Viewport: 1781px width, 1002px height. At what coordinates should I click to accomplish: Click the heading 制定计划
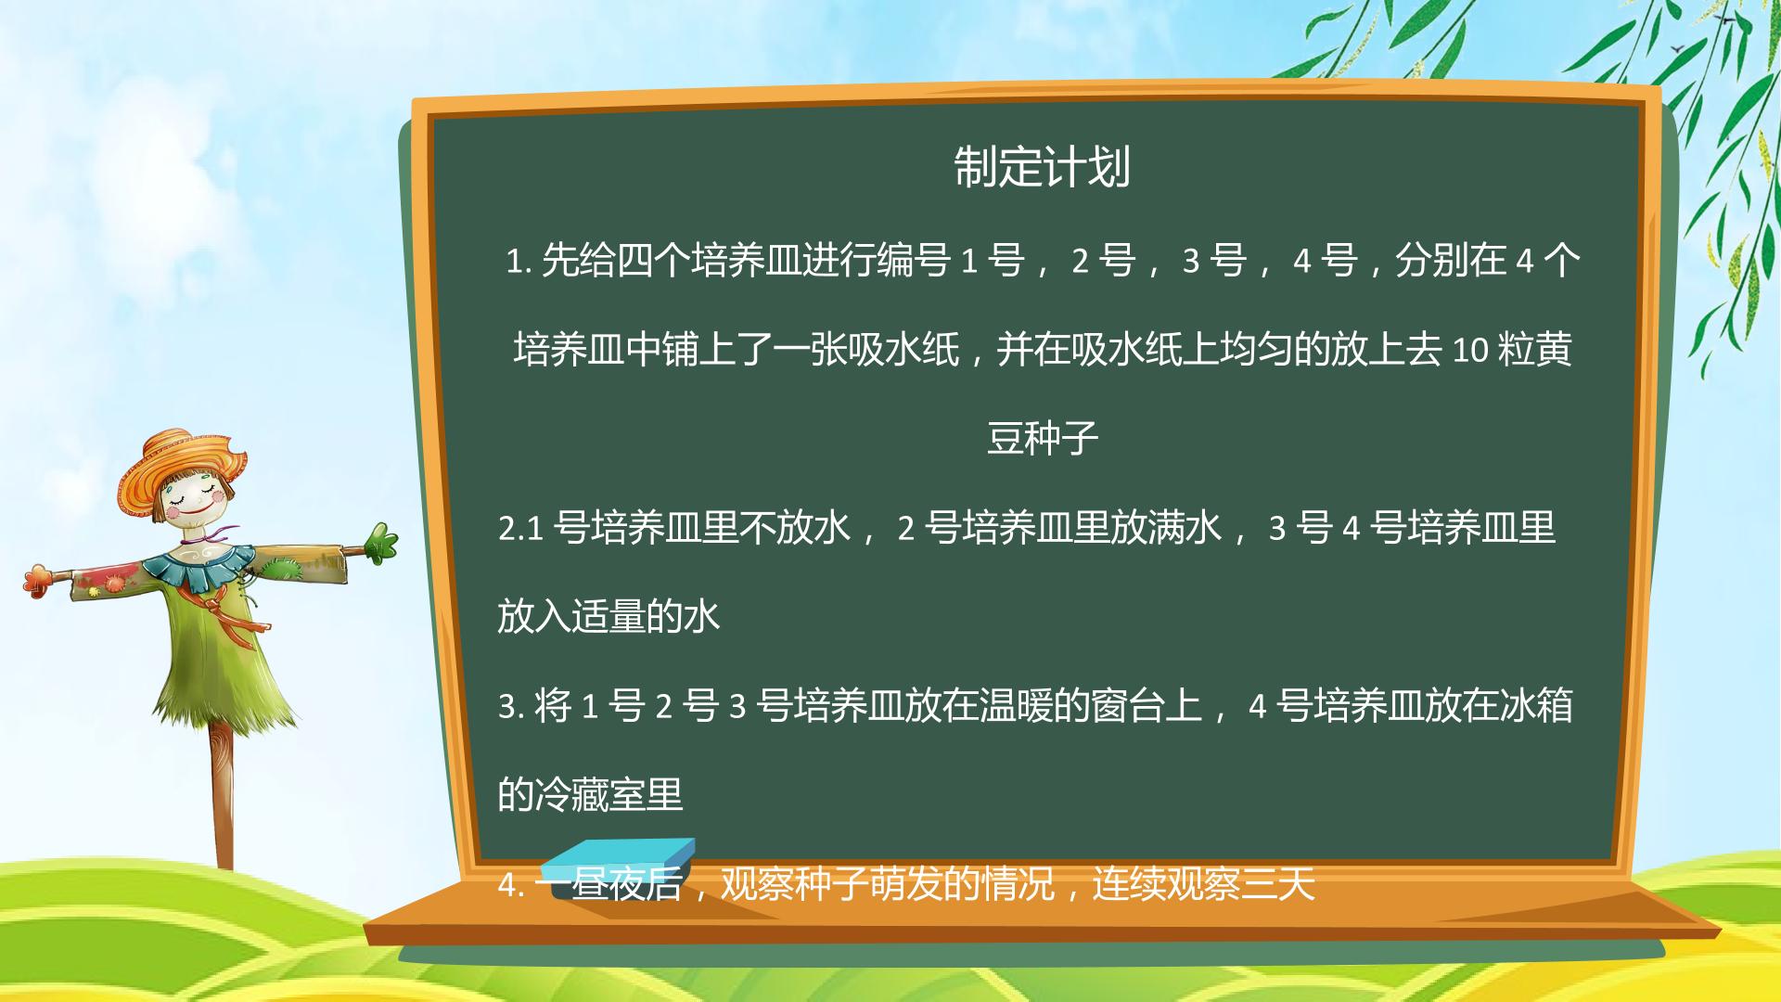click(x=1042, y=168)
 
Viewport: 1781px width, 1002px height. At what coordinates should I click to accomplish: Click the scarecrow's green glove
click(x=380, y=544)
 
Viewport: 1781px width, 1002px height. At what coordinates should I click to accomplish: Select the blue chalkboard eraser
click(x=621, y=863)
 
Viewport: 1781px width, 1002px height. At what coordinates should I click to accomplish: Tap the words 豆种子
click(x=1042, y=438)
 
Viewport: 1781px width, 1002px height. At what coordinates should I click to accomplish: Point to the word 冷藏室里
click(x=609, y=794)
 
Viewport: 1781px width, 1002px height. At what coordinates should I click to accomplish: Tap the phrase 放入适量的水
click(x=609, y=616)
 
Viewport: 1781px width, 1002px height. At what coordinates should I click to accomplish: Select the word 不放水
click(x=795, y=528)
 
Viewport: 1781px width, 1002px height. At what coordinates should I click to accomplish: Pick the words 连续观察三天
click(x=1203, y=884)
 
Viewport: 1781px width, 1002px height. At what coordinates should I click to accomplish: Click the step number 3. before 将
click(x=511, y=707)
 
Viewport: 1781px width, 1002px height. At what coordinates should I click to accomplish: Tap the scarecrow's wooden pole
click(x=223, y=798)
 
